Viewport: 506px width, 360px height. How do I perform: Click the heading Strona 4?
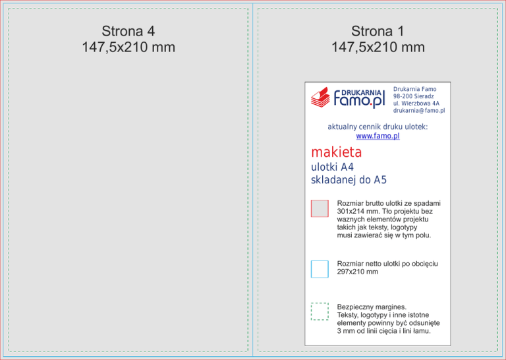[x=128, y=31]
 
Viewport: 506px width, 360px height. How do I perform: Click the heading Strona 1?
[x=378, y=31]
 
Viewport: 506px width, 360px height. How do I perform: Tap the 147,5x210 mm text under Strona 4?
[x=128, y=47]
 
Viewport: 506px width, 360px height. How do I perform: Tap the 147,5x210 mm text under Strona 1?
[x=378, y=47]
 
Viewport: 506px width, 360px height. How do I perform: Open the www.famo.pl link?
[x=378, y=136]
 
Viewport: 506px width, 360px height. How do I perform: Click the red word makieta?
[x=336, y=152]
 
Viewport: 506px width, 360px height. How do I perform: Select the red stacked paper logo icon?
[x=320, y=97]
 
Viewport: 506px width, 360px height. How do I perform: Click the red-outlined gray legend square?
[x=320, y=208]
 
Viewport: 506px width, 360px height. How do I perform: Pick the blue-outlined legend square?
[x=320, y=269]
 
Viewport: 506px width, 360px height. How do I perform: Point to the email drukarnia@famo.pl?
[x=419, y=110]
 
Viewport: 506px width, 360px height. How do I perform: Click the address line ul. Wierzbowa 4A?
[x=416, y=104]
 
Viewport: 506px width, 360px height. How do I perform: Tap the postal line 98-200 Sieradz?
[x=413, y=96]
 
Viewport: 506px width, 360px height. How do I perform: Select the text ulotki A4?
[x=332, y=167]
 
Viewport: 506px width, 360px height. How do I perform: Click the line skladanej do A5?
[x=349, y=180]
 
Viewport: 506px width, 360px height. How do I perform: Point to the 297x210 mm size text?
[x=357, y=272]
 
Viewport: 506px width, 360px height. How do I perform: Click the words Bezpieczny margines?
[x=372, y=307]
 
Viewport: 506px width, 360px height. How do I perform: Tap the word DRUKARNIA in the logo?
[x=361, y=93]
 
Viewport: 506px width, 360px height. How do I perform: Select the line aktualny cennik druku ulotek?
[x=378, y=127]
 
